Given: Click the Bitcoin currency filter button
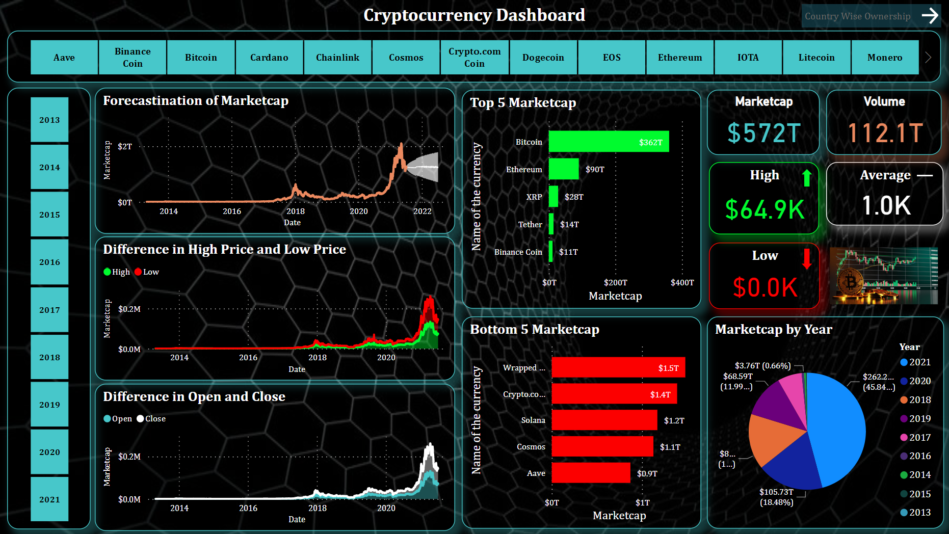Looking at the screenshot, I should point(201,58).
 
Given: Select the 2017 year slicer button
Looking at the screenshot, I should point(49,310).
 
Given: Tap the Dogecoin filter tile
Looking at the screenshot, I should point(543,58).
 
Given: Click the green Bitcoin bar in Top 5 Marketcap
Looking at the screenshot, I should point(608,142).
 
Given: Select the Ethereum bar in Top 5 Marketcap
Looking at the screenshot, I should point(563,169).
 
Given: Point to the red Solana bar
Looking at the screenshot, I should point(604,420).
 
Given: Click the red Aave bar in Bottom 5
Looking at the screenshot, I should point(591,473).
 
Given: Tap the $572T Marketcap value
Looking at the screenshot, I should point(763,133).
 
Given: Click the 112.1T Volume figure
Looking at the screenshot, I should point(885,133).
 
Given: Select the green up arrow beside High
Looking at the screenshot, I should point(806,178).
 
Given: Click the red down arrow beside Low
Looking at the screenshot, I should point(806,258).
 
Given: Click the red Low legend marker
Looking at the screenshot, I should point(138,272).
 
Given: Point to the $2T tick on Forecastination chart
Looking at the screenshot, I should point(125,147).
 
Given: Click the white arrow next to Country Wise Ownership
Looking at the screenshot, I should point(930,16).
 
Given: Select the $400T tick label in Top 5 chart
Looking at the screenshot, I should point(682,283).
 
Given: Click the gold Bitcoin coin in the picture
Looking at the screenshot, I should point(850,282).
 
